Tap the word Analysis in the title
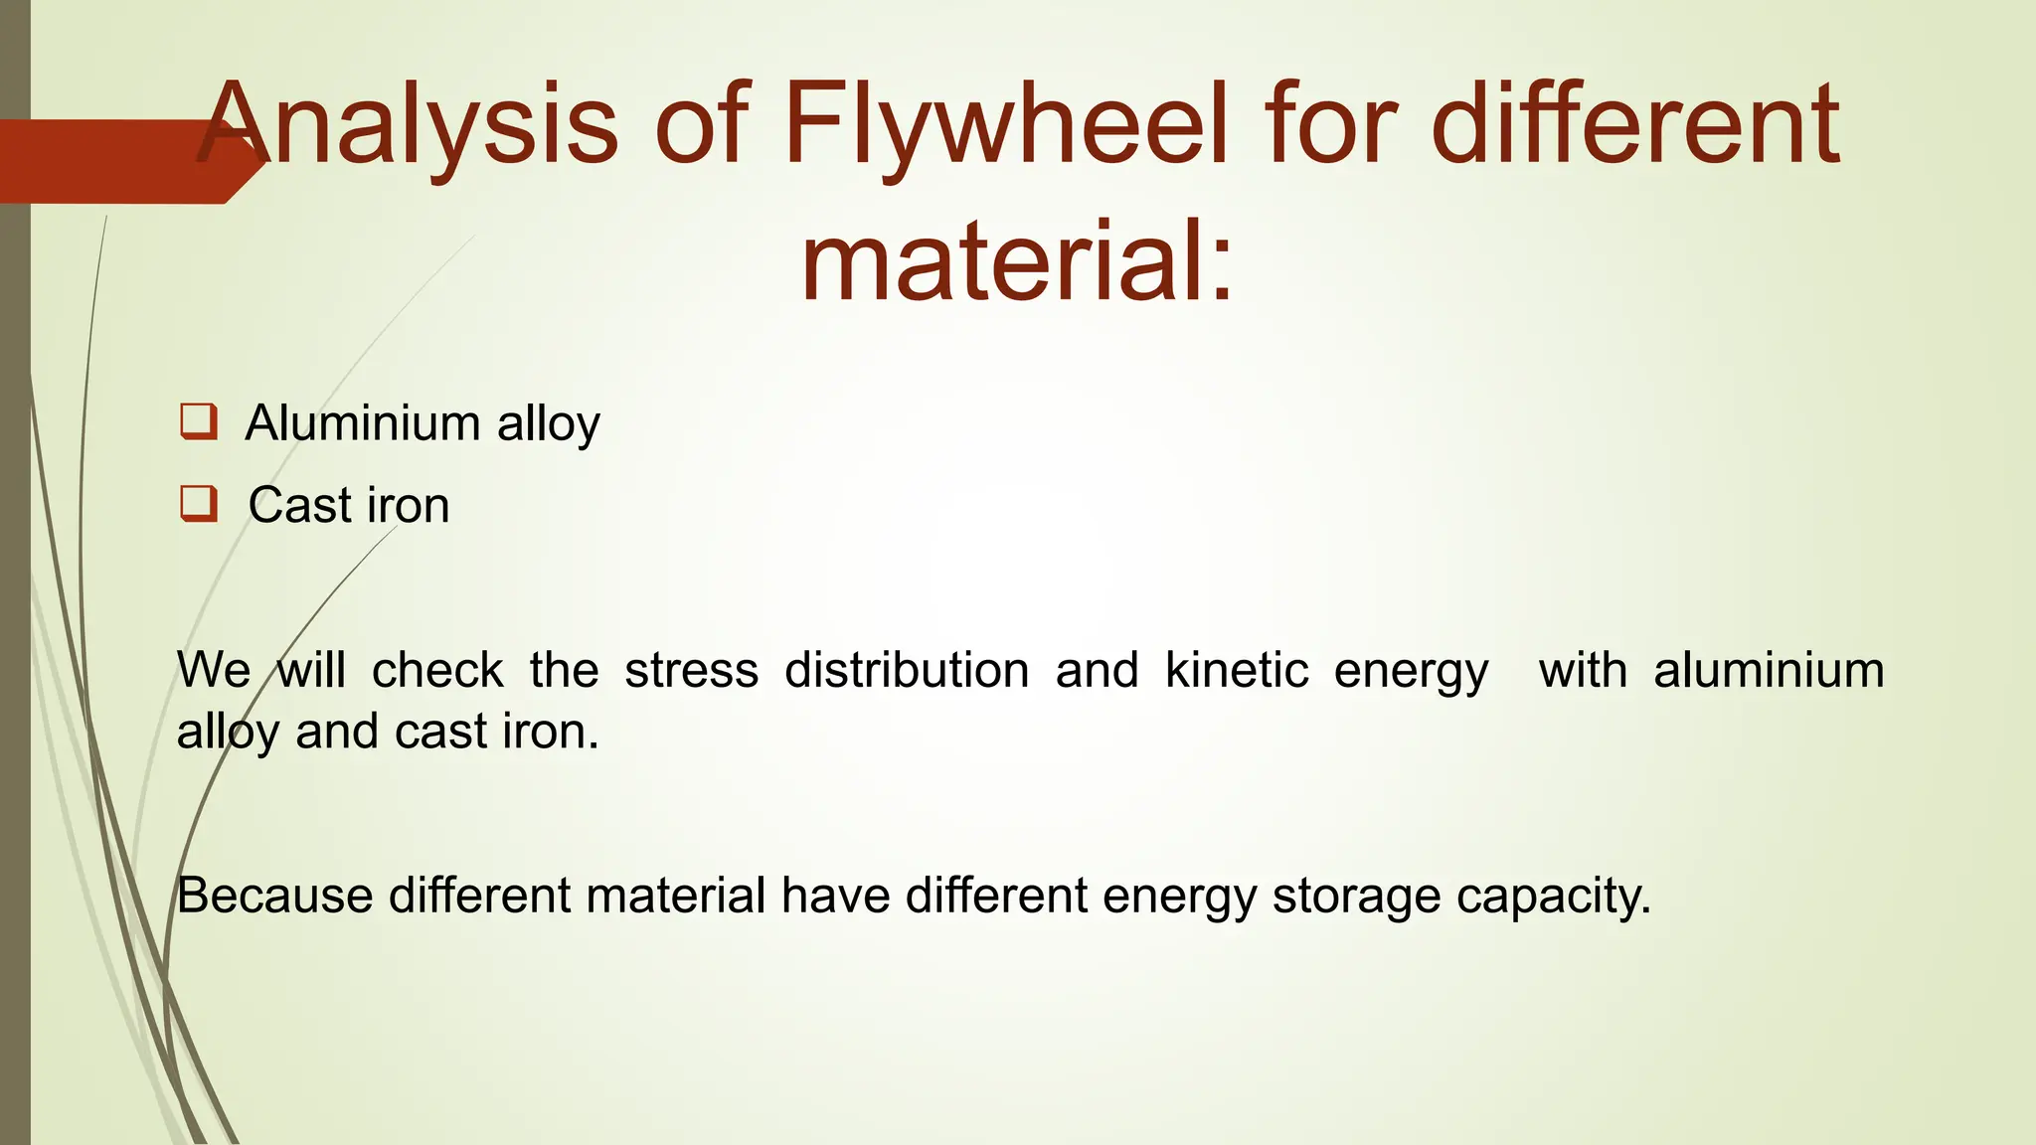408,126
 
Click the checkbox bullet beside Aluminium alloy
198,421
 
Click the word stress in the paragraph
691,670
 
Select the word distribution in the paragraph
907,670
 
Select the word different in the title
1635,126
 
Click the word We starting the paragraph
214,670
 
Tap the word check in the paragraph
437,670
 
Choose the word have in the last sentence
835,895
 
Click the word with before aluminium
1583,670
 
